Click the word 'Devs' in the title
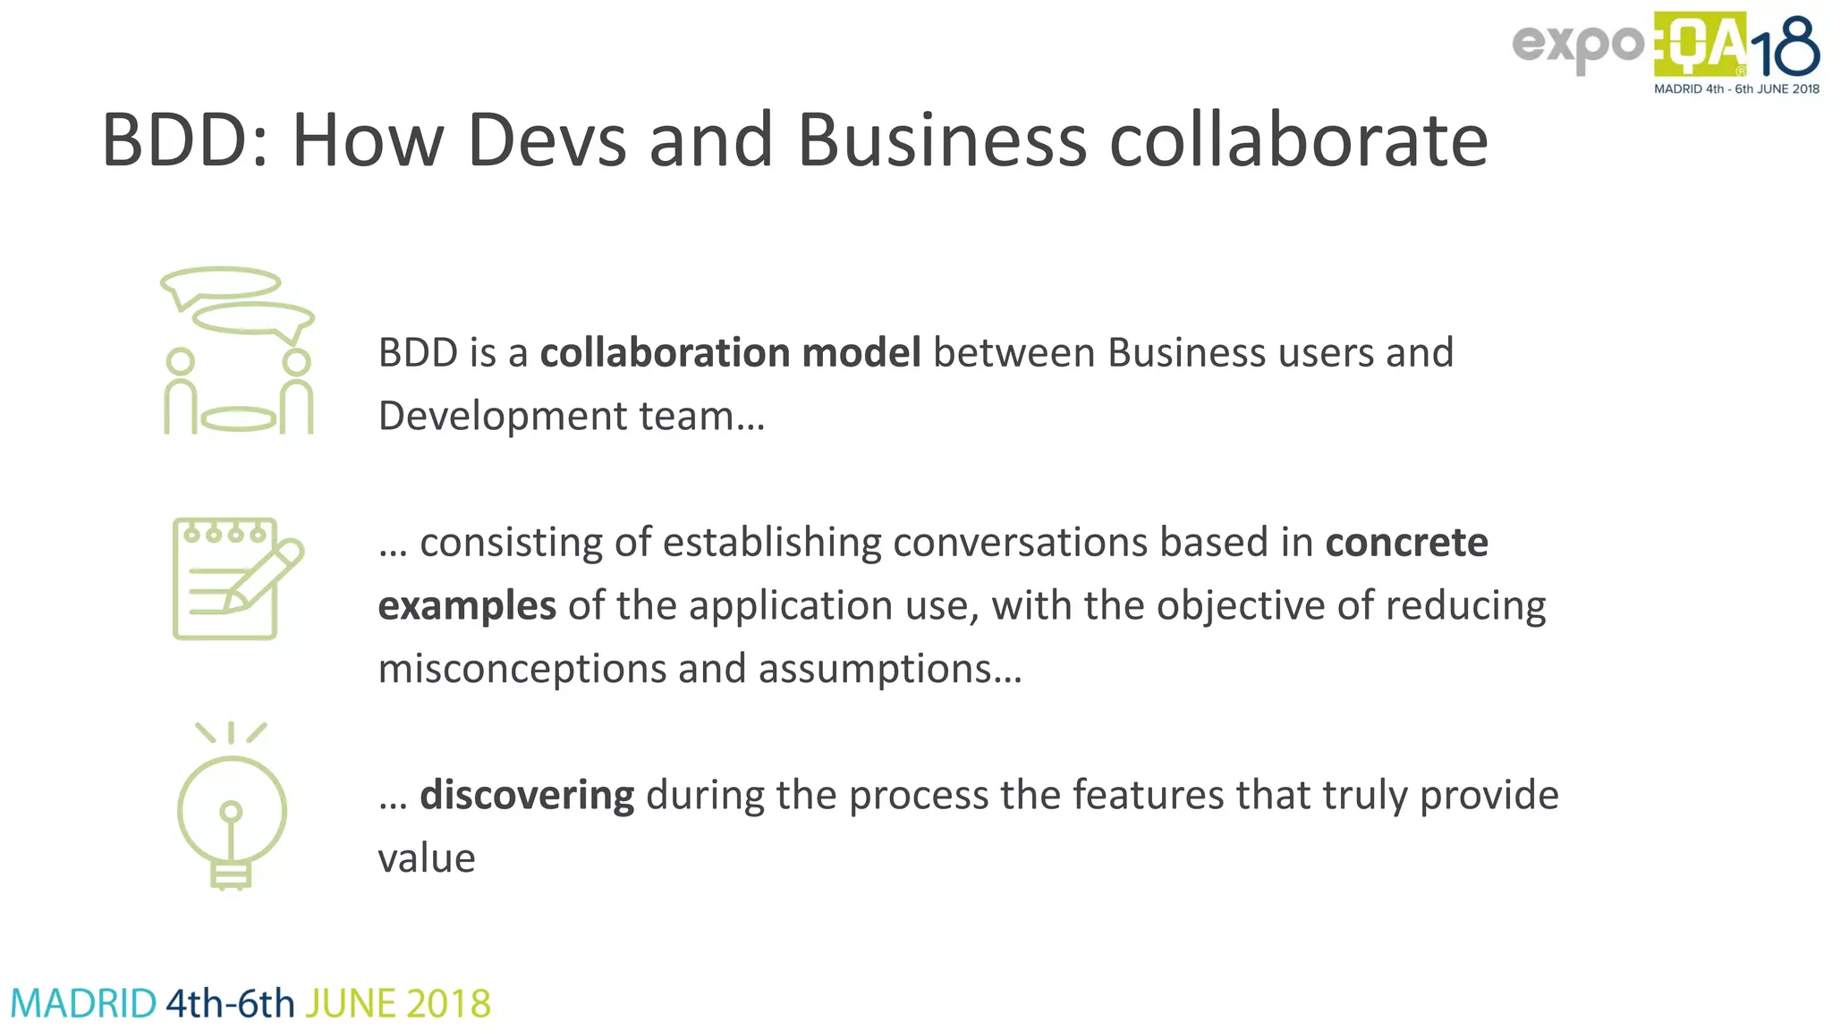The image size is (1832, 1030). point(547,140)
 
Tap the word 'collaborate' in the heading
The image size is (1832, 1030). point(1298,140)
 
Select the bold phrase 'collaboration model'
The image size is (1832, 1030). point(730,352)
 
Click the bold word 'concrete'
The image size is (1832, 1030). point(1406,542)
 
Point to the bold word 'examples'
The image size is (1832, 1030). point(467,605)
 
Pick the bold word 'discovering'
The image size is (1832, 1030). point(527,795)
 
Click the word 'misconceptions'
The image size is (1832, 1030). point(522,669)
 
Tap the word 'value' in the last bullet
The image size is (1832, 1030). point(427,858)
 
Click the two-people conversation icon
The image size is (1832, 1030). point(238,350)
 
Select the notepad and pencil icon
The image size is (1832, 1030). point(237,578)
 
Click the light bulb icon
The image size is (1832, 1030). point(232,806)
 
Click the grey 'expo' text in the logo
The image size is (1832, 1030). point(1578,45)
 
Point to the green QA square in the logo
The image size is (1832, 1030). point(1700,45)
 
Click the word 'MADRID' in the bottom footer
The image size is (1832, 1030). point(83,1004)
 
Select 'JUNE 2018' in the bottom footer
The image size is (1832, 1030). point(398,1004)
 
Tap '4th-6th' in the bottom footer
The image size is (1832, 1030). point(230,1004)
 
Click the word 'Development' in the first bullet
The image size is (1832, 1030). point(503,416)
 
